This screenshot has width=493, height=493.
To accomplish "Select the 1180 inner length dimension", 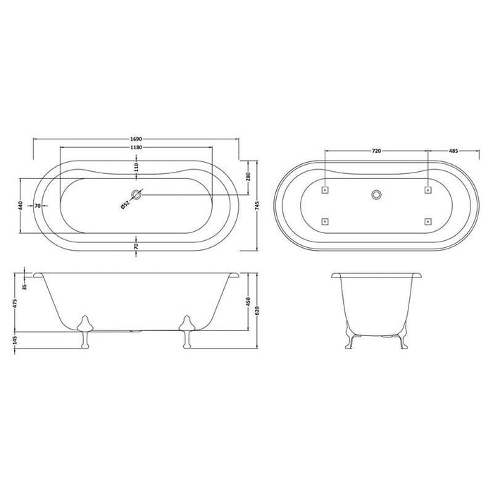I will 136,148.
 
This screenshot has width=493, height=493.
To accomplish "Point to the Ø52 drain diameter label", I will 125,205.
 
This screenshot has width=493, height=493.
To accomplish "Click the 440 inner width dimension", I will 22,206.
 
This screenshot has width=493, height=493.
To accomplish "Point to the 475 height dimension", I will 15,304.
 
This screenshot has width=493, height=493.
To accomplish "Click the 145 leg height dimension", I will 15,340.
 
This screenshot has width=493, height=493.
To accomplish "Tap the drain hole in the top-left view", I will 137,194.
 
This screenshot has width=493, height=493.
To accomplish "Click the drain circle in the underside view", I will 376,194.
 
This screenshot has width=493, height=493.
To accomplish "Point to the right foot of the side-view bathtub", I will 187,330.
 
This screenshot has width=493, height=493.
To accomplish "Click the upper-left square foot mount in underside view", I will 325,189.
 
